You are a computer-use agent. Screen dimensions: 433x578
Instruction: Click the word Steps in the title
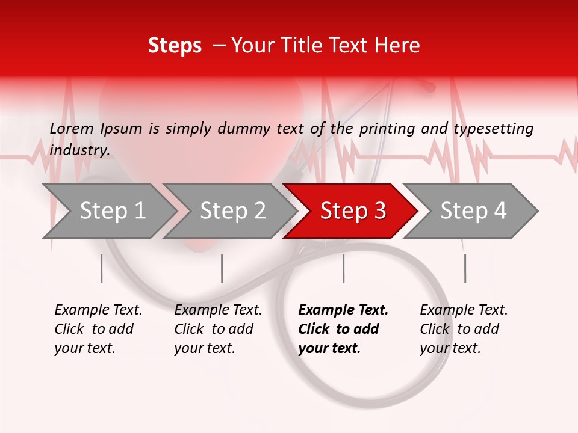click(175, 46)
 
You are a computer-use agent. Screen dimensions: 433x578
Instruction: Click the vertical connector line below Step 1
click(102, 268)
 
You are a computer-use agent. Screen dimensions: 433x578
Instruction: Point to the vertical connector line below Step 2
click(222, 268)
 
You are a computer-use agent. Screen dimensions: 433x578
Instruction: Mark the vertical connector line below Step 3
click(344, 268)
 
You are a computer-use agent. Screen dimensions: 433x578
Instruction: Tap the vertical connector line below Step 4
click(465, 268)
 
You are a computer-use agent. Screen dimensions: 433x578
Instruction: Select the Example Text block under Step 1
click(98, 329)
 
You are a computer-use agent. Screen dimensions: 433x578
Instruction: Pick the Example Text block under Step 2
click(218, 329)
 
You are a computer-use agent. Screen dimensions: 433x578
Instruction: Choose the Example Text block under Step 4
click(464, 329)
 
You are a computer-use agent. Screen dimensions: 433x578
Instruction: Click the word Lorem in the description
click(72, 129)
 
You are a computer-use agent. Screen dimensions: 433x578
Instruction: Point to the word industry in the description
click(79, 150)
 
